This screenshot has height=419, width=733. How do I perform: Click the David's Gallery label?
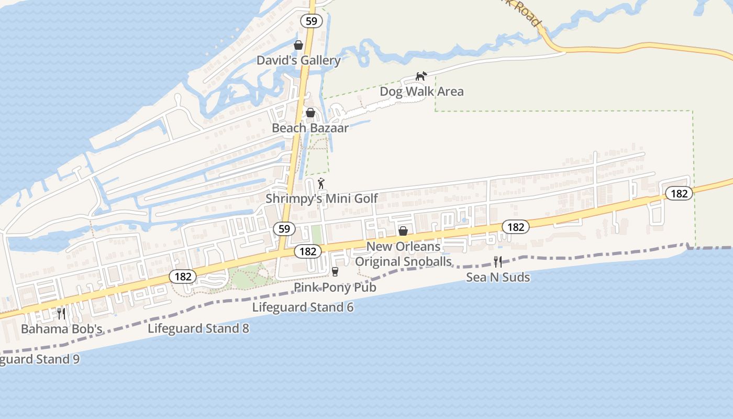coord(298,60)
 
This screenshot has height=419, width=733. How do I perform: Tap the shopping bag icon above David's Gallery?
coord(298,45)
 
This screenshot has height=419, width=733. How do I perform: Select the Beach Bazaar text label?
coord(310,128)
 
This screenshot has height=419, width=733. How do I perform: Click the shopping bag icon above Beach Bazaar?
coord(310,113)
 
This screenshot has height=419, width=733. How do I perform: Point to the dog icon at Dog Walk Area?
coord(421,76)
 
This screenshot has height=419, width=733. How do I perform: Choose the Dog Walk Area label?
coord(421,92)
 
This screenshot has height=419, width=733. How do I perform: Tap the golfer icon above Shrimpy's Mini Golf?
coord(321,183)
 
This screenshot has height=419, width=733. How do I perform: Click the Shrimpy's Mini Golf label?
coord(321,199)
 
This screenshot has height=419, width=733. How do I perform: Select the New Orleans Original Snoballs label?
coord(403,254)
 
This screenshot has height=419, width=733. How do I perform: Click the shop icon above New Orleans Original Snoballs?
coord(403,231)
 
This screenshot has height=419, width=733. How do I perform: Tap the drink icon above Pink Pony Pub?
coord(335,271)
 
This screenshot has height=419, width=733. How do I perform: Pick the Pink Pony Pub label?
coord(335,287)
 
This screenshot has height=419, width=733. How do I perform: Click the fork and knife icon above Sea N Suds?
coord(498,261)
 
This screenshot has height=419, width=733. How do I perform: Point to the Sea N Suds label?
coord(498,277)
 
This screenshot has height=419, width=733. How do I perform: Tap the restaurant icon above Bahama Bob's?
coord(61,313)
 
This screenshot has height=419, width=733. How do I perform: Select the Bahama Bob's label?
coord(61,329)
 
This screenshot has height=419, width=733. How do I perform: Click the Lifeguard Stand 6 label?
coord(303,307)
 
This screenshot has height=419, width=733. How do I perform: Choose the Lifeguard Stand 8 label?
coord(198,328)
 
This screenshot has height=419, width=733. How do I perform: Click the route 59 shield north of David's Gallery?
coord(312,21)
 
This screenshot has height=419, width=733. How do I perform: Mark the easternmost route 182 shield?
coord(679,193)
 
